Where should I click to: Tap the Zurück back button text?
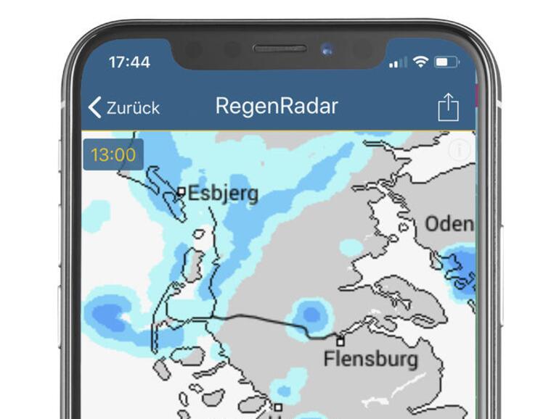point(133,108)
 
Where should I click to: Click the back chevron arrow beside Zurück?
point(95,107)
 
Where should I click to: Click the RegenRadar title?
point(277,106)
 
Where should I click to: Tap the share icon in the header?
point(449,107)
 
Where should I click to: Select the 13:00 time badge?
point(113,154)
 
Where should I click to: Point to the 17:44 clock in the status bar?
point(129,62)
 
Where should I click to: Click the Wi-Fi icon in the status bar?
point(420,62)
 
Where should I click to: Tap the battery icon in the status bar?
point(446,62)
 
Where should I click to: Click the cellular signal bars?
point(398,63)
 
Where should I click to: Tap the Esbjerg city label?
point(223,194)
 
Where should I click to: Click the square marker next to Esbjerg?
point(181,192)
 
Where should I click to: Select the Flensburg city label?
point(371,358)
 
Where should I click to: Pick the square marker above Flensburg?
point(340,341)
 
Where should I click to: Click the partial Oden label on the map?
point(449,224)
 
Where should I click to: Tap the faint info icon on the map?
point(460,151)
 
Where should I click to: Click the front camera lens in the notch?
point(327,50)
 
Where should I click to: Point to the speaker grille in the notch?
point(279,49)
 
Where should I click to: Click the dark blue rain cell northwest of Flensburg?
point(311,315)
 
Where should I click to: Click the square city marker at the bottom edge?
point(277,407)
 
